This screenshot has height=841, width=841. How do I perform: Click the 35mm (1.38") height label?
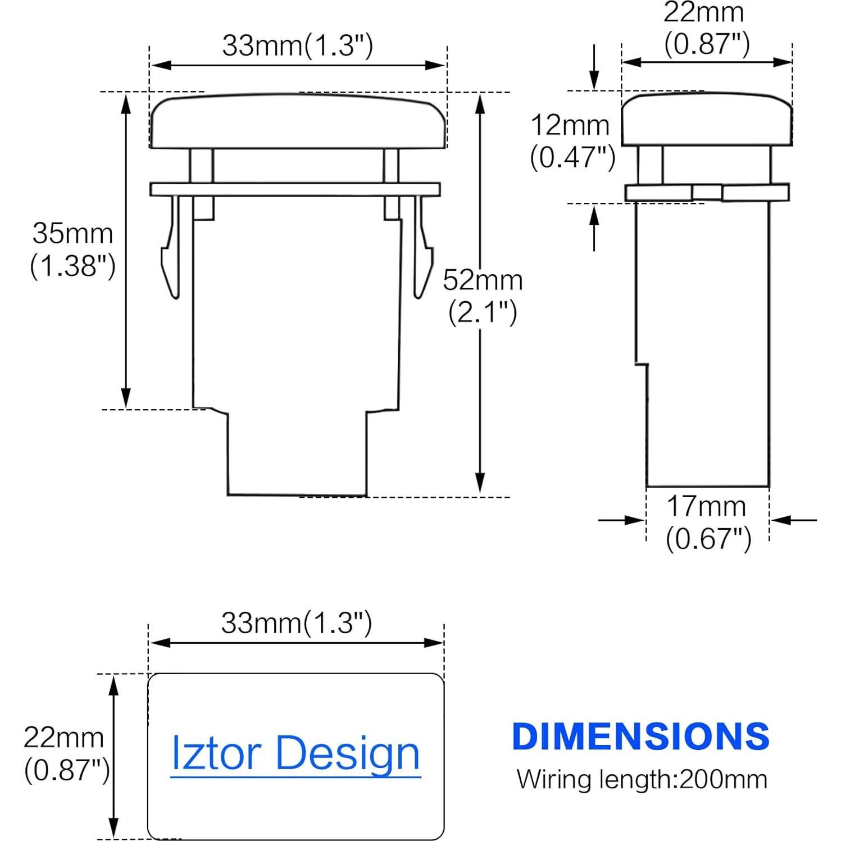click(x=73, y=249)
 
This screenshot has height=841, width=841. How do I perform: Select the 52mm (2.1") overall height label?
click(x=483, y=296)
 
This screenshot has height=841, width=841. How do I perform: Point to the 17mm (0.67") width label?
click(x=708, y=522)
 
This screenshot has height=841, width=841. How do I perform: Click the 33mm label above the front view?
click(x=297, y=46)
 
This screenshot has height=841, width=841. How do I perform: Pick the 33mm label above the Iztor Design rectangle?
click(x=296, y=622)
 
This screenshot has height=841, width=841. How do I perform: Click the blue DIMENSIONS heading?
click(x=640, y=737)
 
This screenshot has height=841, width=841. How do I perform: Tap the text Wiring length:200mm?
click(x=642, y=779)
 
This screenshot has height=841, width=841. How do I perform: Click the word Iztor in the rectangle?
click(x=216, y=753)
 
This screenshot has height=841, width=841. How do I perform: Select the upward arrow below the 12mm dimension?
click(x=594, y=228)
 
